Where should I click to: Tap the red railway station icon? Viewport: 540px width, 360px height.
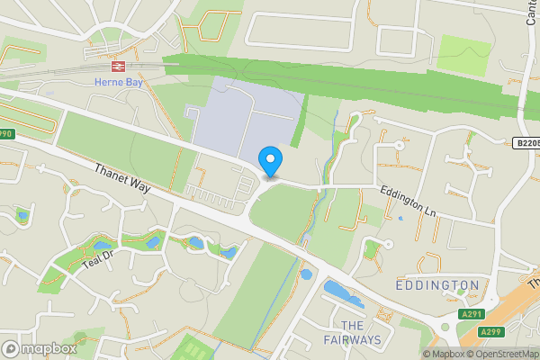click(x=117, y=67)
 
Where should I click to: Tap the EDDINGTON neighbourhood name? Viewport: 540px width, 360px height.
click(x=437, y=285)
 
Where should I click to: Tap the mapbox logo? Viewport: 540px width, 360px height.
click(x=40, y=348)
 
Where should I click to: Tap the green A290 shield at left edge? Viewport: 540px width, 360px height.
click(x=6, y=134)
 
